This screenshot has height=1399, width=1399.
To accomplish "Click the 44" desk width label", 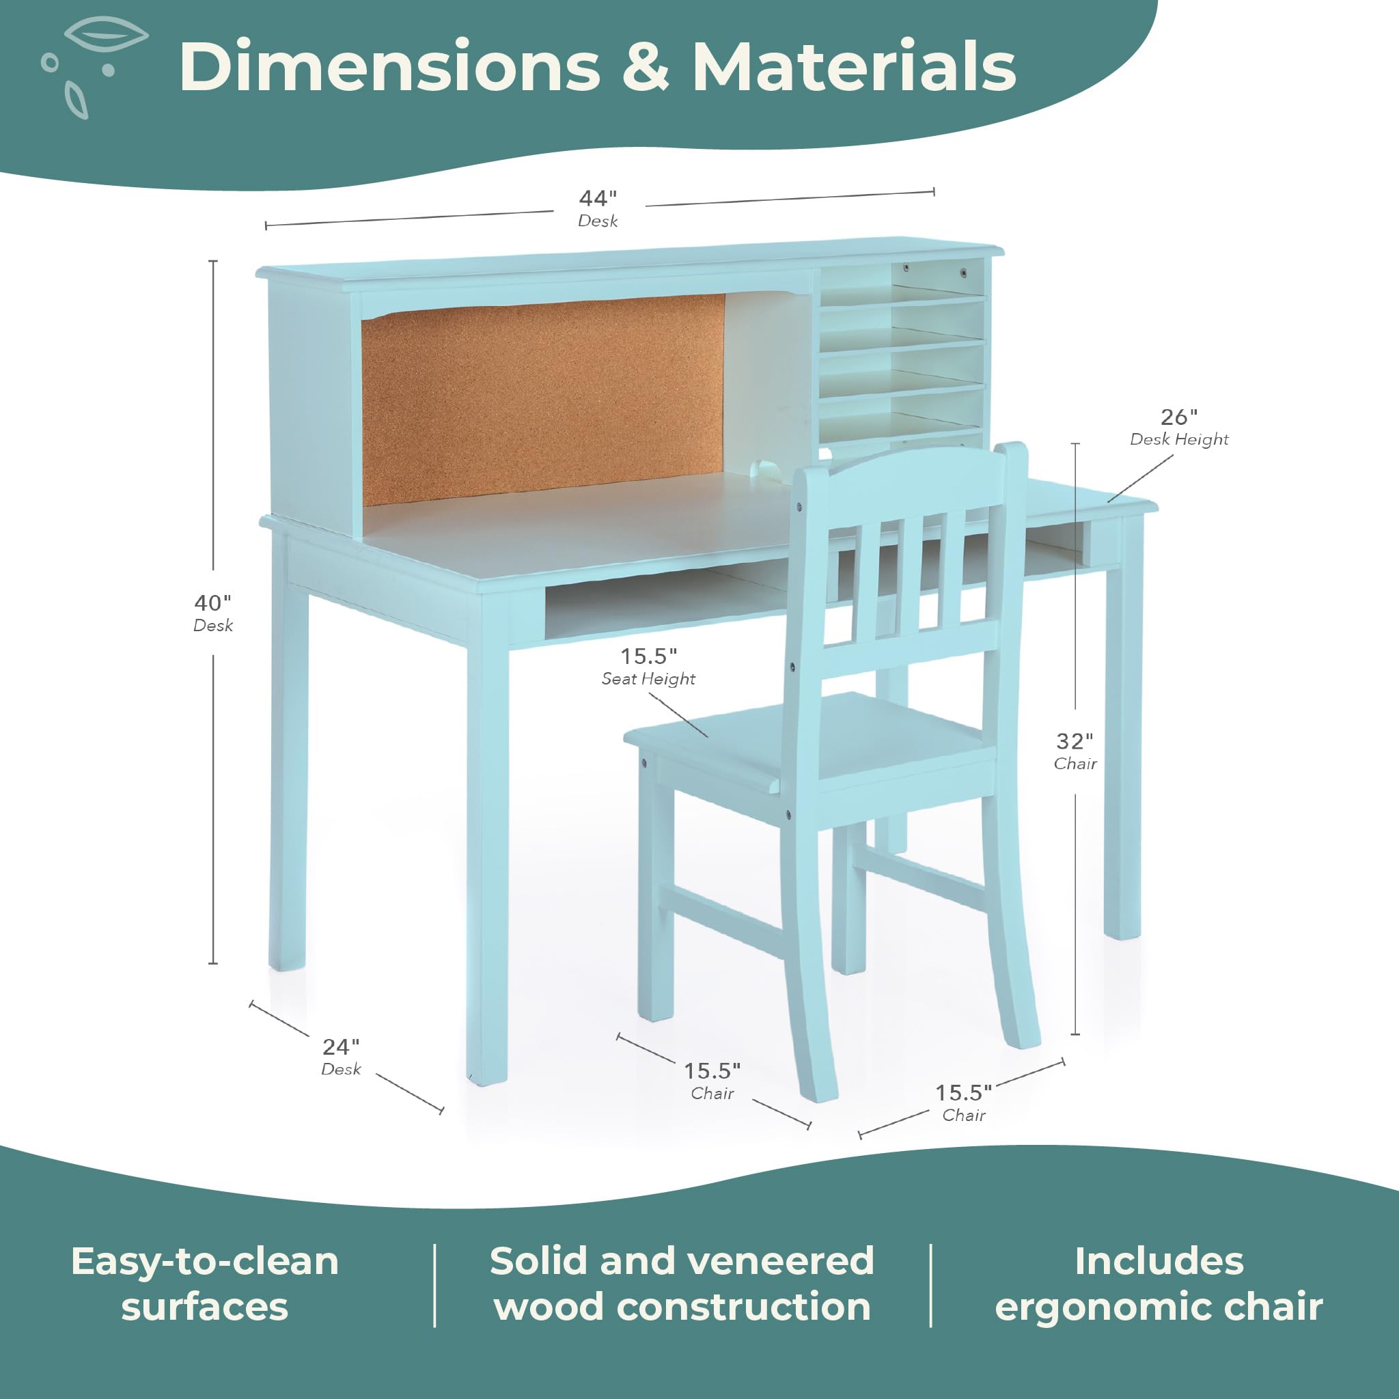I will point(598,208).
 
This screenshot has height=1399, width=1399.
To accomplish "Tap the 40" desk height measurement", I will point(213,613).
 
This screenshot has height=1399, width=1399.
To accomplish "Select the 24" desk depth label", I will point(341,1057).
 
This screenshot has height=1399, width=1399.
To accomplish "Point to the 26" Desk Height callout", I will point(1179,427).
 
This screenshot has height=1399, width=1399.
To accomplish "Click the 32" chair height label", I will point(1075,751).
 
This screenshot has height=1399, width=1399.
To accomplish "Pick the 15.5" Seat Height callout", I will point(648,666).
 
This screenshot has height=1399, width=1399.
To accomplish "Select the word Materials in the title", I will point(854,67).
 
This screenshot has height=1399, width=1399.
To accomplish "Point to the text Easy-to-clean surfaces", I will point(205,1284).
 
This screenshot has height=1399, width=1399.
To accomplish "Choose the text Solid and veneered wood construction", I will point(682,1284).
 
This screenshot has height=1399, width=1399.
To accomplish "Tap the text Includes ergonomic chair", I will point(1159,1284).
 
